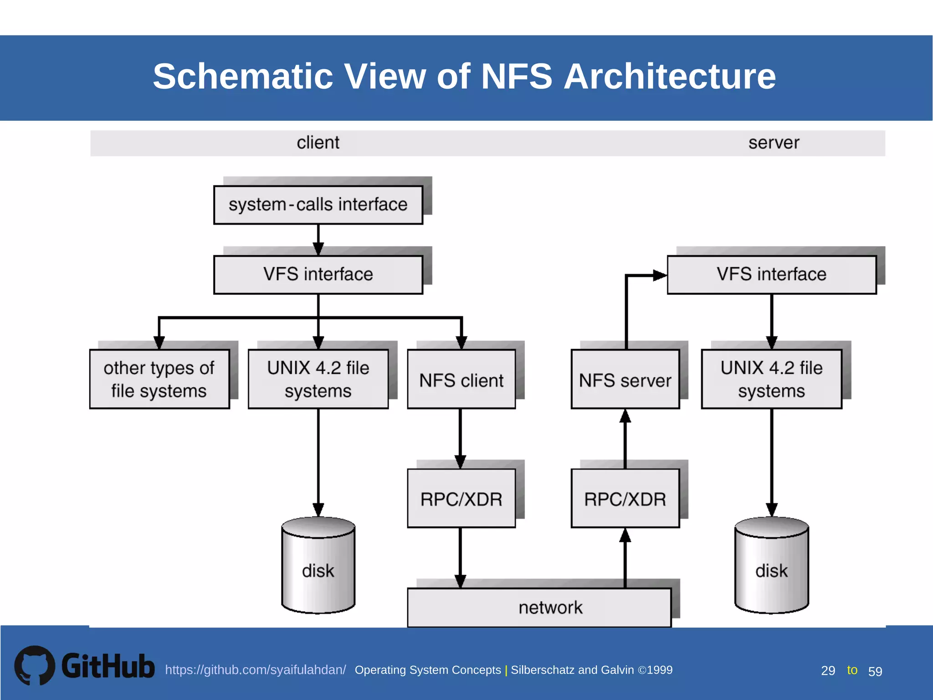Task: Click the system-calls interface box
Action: (x=318, y=205)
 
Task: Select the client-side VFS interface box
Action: (x=318, y=274)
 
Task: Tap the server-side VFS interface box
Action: (x=771, y=274)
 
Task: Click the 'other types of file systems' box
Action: (x=159, y=379)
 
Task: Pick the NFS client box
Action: (x=461, y=379)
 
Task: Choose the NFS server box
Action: (x=625, y=379)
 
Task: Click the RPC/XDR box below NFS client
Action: (x=461, y=498)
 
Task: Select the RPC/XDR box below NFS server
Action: (x=625, y=498)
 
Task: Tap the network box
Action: (x=539, y=607)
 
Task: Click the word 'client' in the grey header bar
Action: (x=318, y=143)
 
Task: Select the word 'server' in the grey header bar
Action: (x=774, y=143)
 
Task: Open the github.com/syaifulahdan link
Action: (x=255, y=669)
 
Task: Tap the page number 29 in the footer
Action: (x=828, y=670)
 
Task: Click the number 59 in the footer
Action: (x=875, y=671)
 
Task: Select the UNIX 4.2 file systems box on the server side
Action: (x=771, y=379)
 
